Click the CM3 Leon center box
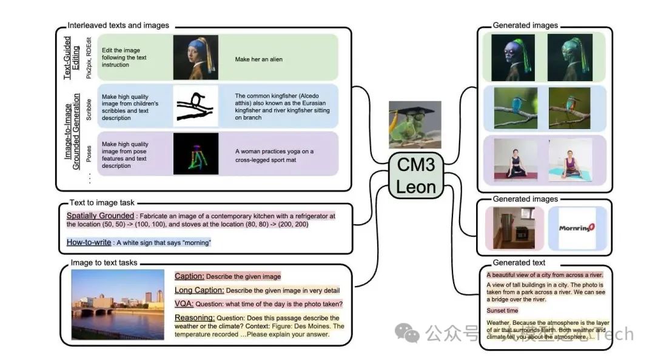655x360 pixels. coord(416,176)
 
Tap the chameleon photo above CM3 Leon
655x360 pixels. coord(415,124)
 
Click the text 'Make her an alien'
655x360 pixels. coord(259,59)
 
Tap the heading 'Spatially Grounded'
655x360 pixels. coord(101,216)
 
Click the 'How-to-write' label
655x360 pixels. coord(89,242)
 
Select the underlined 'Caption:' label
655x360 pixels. coord(189,276)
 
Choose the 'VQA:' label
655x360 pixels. coord(184,304)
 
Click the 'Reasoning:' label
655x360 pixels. coord(195,318)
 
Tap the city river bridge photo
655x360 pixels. coord(118,305)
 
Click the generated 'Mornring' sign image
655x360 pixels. coord(577,228)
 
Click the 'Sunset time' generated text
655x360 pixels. coord(503,310)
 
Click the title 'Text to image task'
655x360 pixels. coord(102,202)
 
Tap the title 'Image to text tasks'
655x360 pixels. coord(104,262)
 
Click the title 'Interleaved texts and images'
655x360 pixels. coord(118,25)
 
